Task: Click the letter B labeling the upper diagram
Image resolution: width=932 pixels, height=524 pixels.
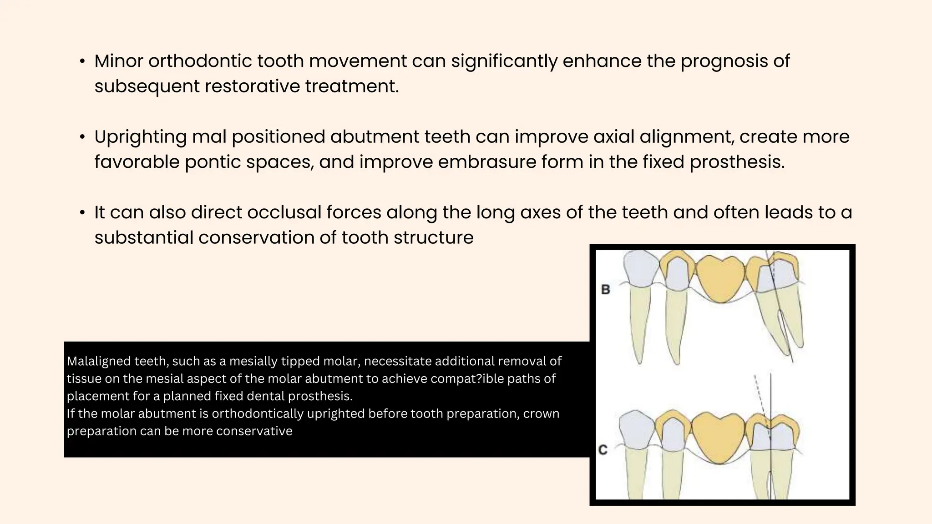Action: point(605,289)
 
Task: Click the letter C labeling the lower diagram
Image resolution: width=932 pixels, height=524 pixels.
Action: point(603,450)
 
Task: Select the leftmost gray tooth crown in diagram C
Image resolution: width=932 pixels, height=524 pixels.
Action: point(637,429)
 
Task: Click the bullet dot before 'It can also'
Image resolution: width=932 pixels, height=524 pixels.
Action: point(82,212)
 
